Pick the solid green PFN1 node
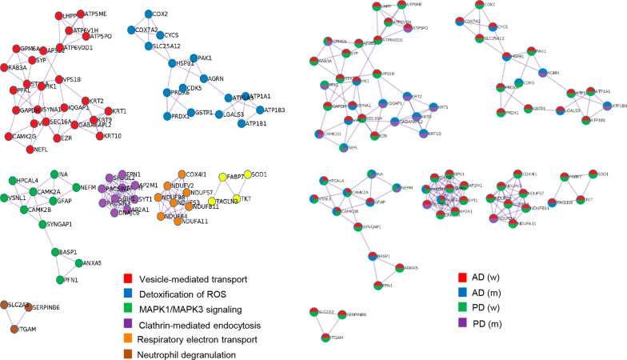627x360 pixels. (59, 279)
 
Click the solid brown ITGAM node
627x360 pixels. (13, 330)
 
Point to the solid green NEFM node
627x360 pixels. (75, 188)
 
